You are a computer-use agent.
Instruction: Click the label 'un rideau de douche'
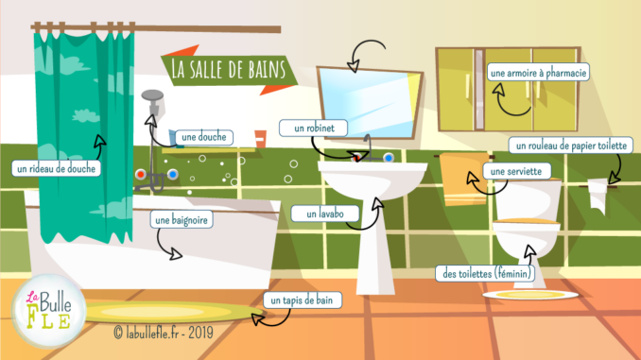pos(57,169)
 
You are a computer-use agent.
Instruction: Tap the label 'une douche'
pos(203,137)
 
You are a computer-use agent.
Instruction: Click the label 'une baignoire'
pos(181,219)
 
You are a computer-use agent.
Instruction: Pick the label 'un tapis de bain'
pos(301,300)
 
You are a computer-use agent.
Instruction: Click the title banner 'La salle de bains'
pos(226,68)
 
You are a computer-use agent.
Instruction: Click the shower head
pos(153,95)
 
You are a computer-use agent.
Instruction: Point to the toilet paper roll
pos(598,192)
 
